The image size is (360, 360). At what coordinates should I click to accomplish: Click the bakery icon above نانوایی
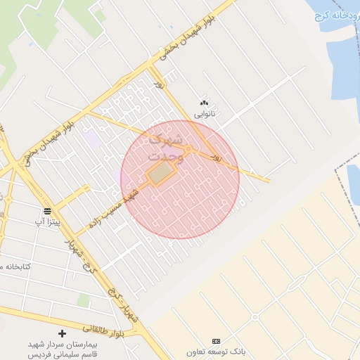pyautogui.click(x=205, y=103)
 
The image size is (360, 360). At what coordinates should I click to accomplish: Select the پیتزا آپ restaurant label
pyautogui.click(x=48, y=222)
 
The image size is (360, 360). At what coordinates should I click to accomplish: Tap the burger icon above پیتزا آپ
pyautogui.click(x=47, y=211)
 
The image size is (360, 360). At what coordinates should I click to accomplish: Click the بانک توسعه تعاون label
pyautogui.click(x=215, y=352)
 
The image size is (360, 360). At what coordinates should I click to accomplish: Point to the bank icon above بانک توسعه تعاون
pyautogui.click(x=215, y=341)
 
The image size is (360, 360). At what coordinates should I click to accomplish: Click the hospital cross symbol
pyautogui.click(x=63, y=333)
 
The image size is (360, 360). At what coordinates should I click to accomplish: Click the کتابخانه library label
pyautogui.click(x=18, y=267)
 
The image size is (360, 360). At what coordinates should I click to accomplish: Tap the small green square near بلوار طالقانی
pyautogui.click(x=83, y=301)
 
